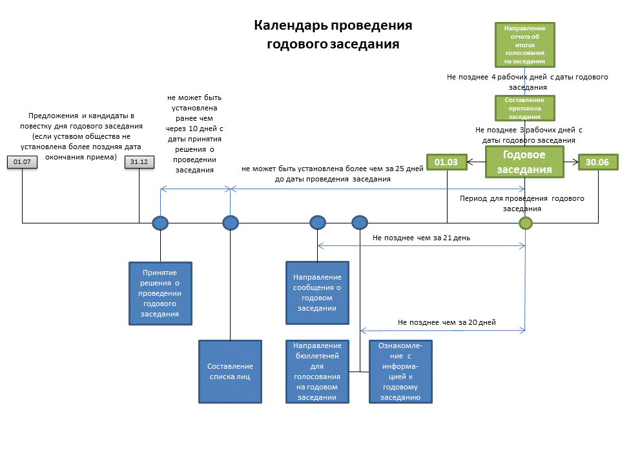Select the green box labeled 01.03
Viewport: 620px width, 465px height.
click(447, 163)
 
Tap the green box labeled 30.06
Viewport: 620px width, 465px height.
click(598, 163)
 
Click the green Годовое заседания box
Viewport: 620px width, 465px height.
click(524, 163)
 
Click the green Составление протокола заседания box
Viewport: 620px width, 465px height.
click(524, 108)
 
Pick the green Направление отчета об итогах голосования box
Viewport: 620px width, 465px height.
click(524, 45)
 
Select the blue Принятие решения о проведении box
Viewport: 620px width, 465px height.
click(161, 293)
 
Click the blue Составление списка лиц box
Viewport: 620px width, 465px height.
click(231, 371)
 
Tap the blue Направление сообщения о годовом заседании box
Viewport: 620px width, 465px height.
click(317, 293)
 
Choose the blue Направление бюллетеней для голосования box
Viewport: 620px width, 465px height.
click(317, 371)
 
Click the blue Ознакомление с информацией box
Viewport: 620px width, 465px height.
click(400, 371)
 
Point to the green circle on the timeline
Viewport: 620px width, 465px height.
click(526, 223)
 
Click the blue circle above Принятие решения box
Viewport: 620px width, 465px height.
click(160, 223)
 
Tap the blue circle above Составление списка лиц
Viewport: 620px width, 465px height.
click(231, 223)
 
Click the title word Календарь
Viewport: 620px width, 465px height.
click(290, 26)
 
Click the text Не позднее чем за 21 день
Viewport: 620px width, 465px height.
click(421, 238)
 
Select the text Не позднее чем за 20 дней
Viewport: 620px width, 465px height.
click(446, 322)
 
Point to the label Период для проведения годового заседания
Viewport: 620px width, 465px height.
click(521, 203)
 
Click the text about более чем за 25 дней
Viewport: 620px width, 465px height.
click(332, 174)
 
